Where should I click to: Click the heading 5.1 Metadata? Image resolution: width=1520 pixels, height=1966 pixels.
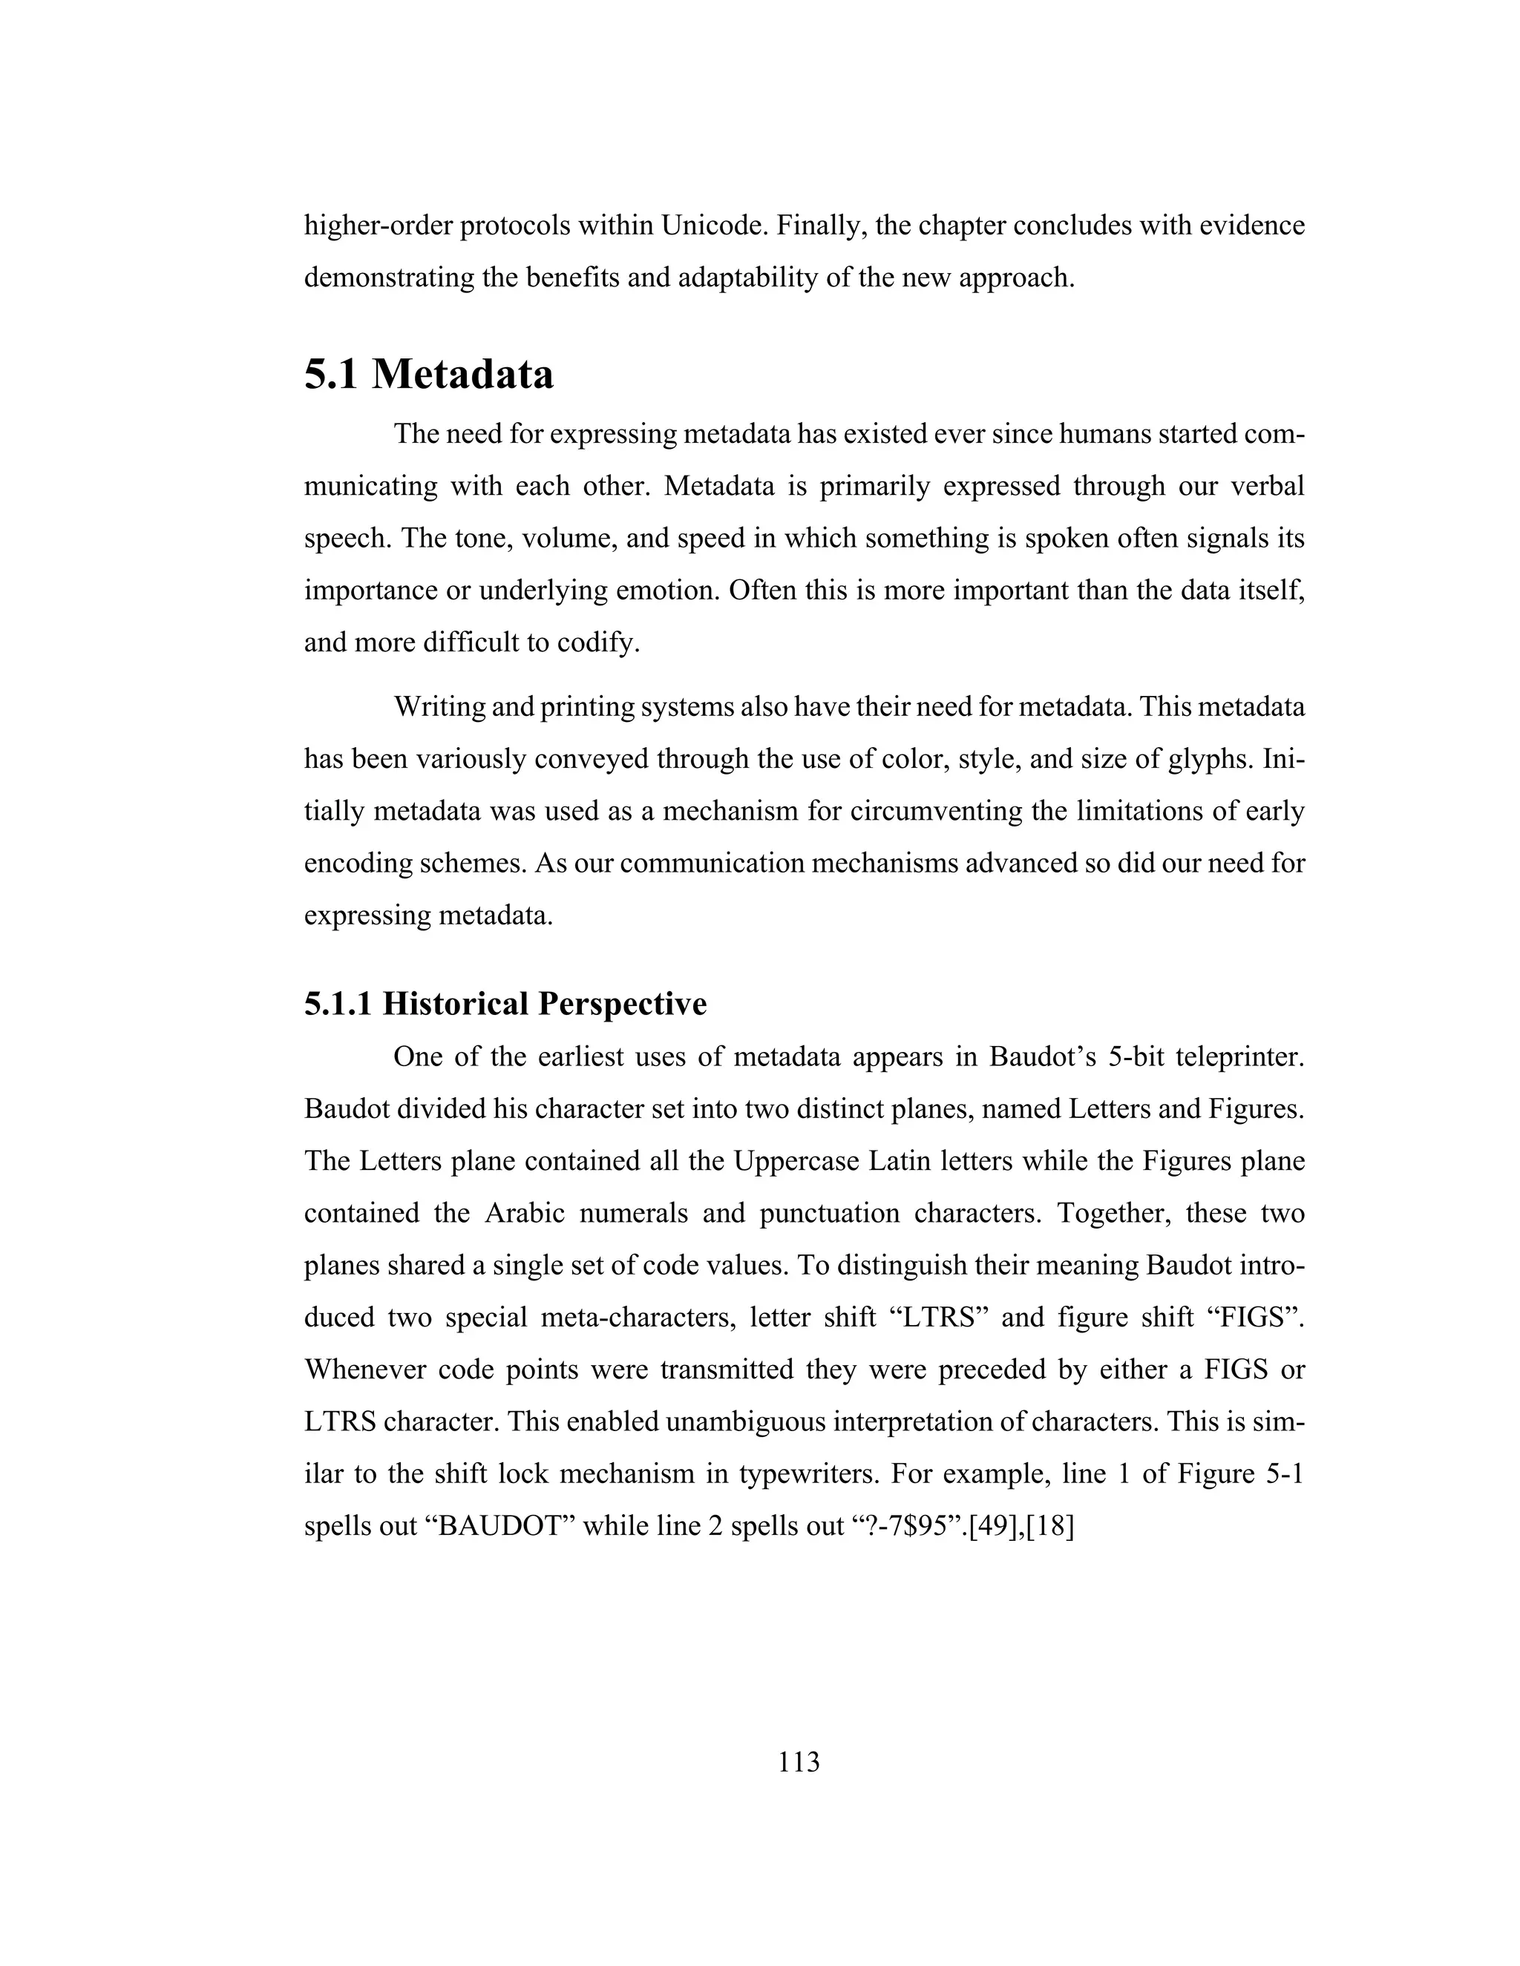(x=429, y=374)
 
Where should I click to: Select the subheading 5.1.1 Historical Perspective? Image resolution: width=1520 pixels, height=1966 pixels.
(x=505, y=1003)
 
